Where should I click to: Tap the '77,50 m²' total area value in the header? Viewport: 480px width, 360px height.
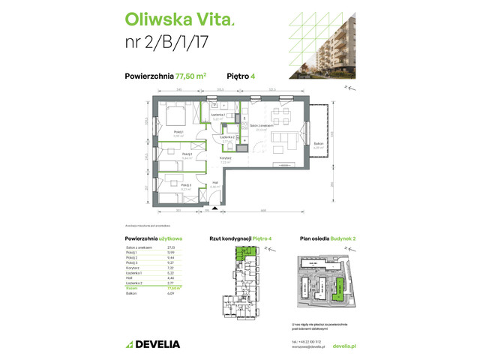(190, 75)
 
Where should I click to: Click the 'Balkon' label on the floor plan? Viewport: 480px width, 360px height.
(319, 143)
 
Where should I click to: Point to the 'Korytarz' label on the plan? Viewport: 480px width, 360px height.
(226, 157)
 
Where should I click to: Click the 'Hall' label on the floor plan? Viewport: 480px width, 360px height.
(214, 183)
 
